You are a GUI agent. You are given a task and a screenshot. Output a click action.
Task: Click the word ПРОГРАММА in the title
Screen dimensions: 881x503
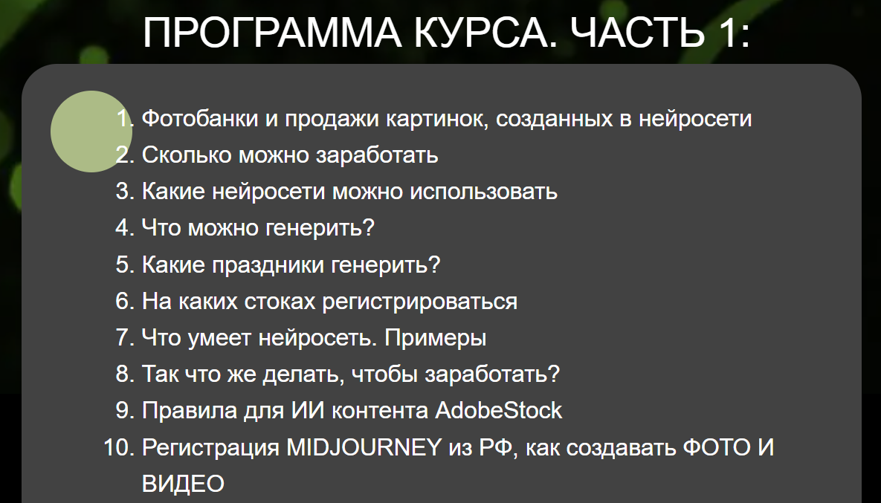click(273, 33)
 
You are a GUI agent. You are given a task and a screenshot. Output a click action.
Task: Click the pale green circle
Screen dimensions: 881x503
click(91, 132)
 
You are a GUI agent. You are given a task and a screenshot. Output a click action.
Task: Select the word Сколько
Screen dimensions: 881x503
click(187, 155)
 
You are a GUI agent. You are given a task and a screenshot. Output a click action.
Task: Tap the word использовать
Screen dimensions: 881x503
click(483, 192)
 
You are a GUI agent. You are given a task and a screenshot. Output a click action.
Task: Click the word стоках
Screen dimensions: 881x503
click(280, 302)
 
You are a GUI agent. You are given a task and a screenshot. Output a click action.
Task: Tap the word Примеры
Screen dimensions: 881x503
click(436, 338)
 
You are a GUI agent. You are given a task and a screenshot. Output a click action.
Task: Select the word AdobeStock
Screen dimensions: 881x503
click(498, 410)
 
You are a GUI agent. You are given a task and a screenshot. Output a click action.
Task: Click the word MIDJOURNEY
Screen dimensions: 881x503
click(364, 447)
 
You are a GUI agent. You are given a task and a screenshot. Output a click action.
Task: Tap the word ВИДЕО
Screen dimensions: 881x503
click(183, 484)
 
